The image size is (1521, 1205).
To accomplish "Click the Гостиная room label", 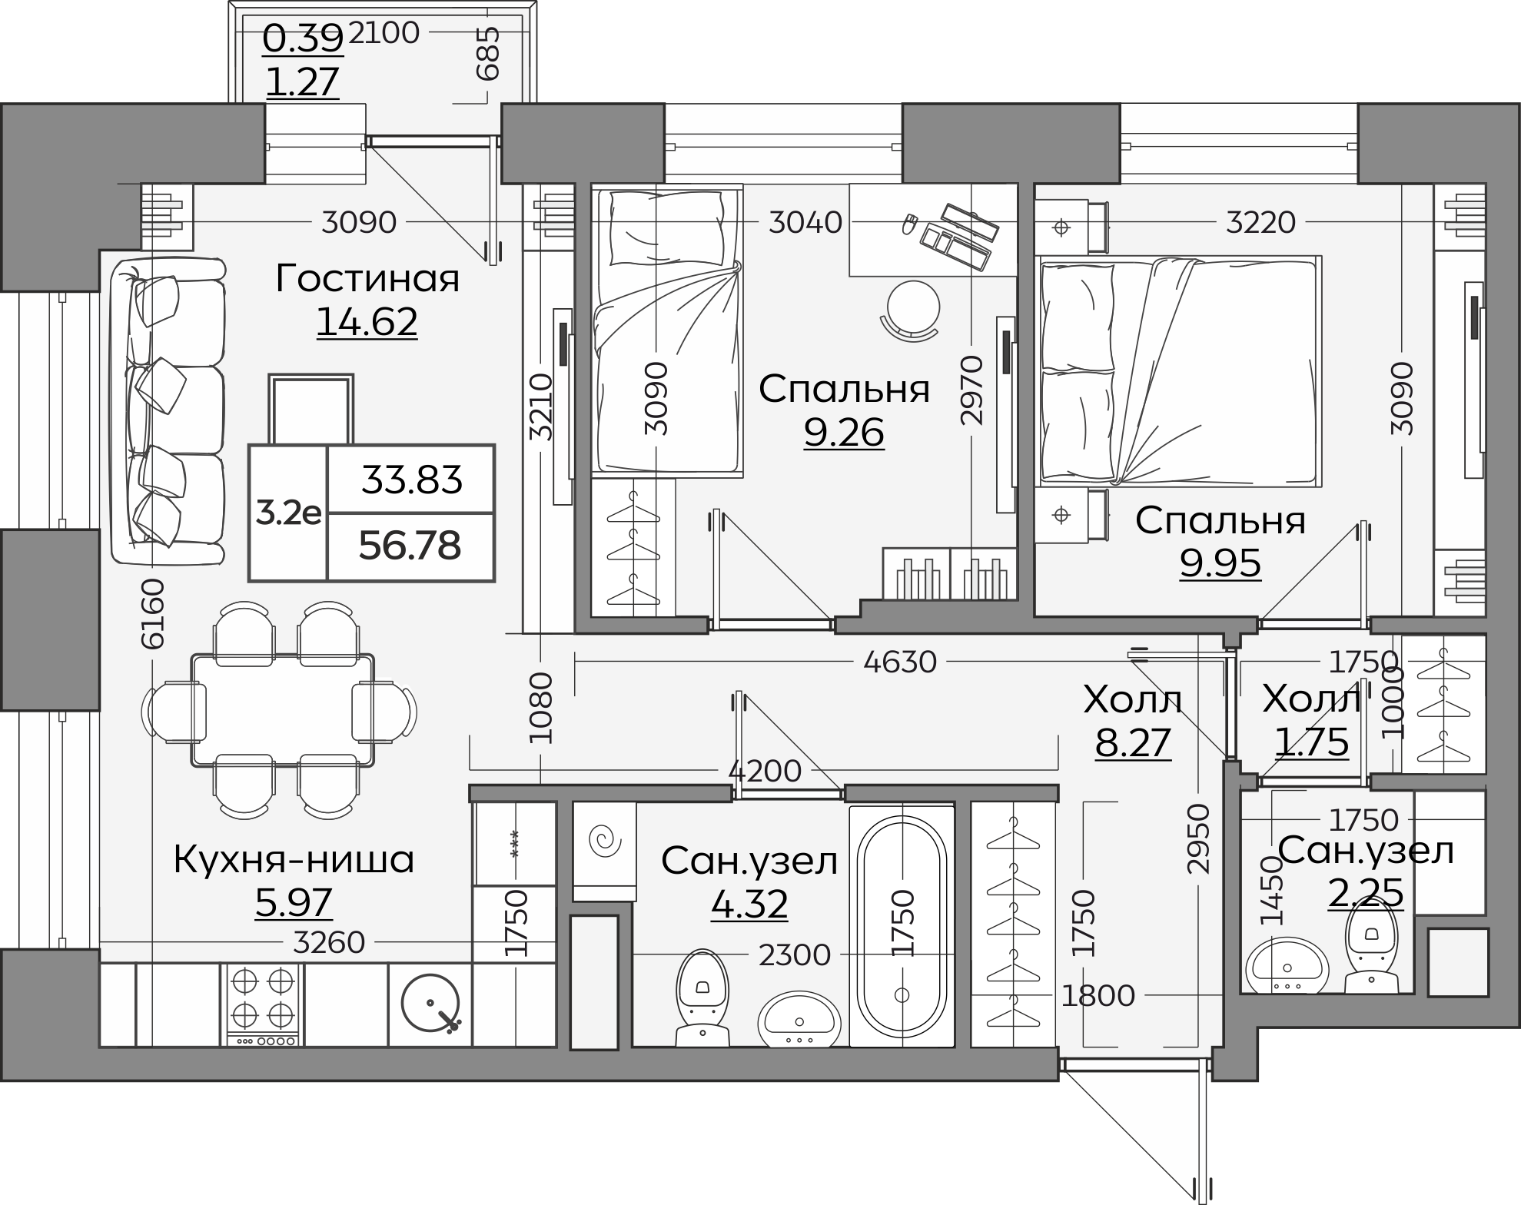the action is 367,278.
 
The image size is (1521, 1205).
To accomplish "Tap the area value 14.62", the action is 367,322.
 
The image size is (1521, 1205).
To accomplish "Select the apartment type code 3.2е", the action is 288,513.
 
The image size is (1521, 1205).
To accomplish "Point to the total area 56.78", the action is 410,546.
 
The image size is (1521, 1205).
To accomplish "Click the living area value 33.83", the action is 412,481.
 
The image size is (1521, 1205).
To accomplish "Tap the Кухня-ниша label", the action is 294,859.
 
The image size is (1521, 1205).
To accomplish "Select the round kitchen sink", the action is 430,1003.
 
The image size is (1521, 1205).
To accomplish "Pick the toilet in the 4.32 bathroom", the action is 702,998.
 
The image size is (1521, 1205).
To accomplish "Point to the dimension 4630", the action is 900,662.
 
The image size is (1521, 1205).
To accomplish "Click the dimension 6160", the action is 153,614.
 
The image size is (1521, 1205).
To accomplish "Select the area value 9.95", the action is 1220,564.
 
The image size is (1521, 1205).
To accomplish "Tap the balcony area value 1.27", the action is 302,82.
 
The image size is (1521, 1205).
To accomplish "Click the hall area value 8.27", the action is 1133,743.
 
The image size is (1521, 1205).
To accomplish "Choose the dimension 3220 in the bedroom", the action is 1260,223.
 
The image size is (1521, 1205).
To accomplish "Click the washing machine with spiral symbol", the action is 605,851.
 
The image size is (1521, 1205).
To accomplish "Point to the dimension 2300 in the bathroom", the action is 795,955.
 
